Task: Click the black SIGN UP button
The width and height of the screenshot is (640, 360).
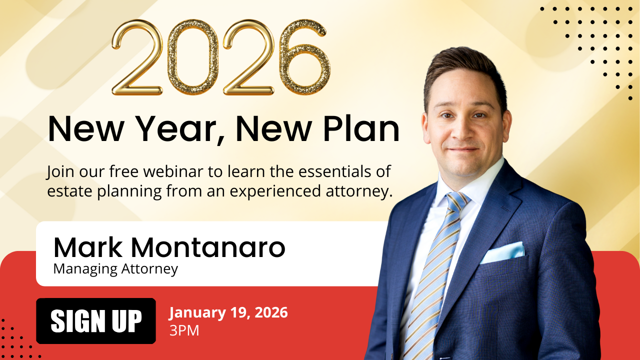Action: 96,321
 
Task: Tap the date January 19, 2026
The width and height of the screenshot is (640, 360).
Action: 228,313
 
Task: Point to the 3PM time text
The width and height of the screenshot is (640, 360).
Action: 184,331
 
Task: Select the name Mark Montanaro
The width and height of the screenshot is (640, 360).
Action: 169,247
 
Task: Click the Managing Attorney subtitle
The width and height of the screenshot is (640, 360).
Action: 115,269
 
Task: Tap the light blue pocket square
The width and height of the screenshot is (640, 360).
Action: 502,252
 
